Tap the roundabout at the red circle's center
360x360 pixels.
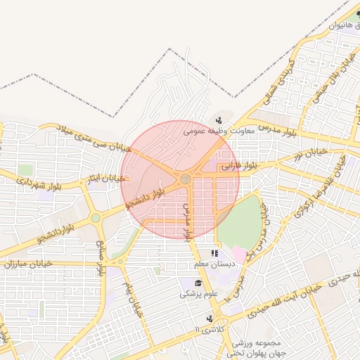185,180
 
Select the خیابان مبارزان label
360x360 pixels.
24,264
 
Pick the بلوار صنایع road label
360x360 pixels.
101,257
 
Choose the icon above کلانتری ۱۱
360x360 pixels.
209,319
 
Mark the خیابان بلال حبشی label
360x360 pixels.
330,84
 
